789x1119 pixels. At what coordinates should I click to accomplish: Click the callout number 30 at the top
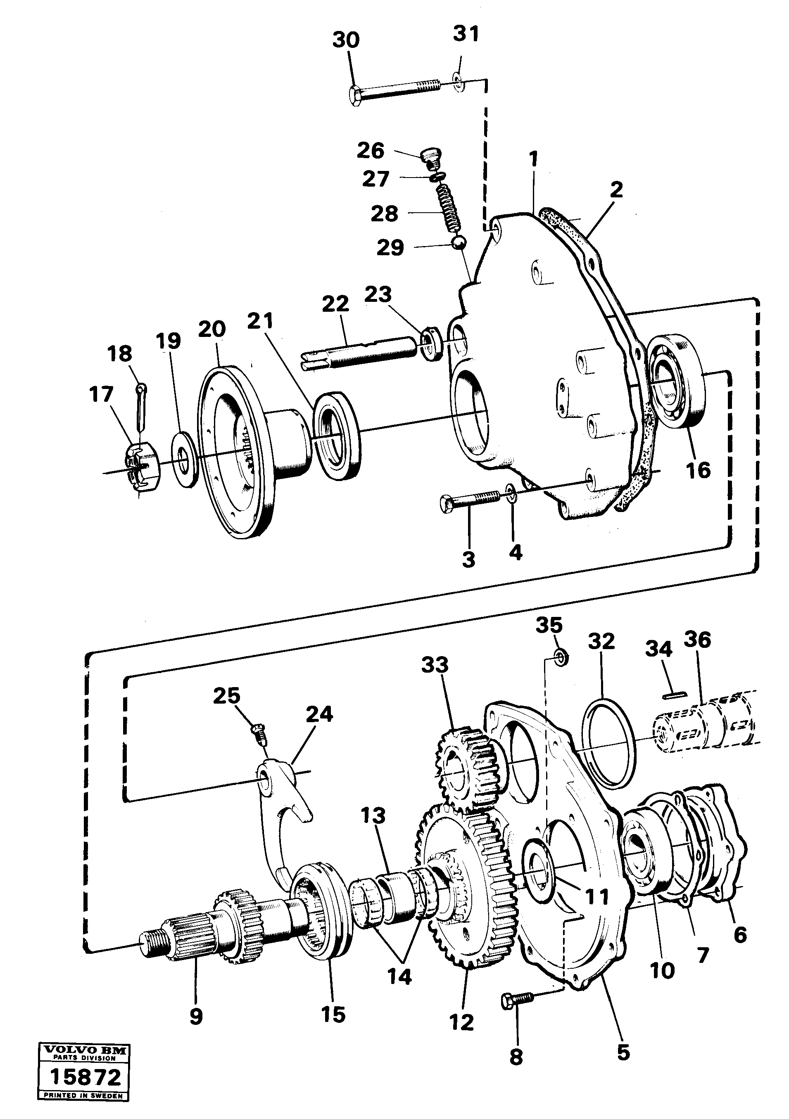[346, 40]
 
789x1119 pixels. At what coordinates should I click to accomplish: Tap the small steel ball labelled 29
[459, 242]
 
